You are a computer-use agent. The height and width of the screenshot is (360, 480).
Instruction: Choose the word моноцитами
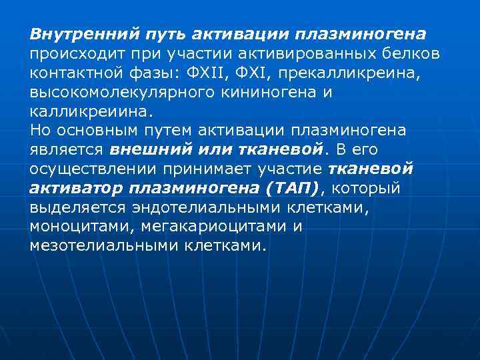coord(81,226)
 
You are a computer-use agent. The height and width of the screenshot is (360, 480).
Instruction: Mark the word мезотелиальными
coord(99,245)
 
